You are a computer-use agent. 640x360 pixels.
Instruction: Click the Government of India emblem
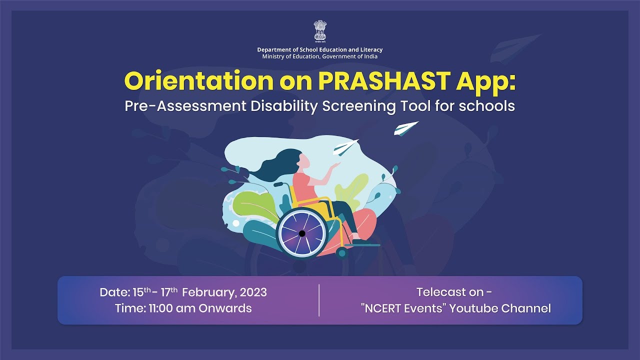pyautogui.click(x=319, y=32)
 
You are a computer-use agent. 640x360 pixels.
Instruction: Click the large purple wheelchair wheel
pyautogui.click(x=301, y=233)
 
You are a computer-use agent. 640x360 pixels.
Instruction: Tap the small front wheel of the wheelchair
pyautogui.click(x=342, y=252)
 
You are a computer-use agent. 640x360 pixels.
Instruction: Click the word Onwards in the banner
pyautogui.click(x=225, y=308)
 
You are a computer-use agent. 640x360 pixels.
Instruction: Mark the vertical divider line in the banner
pyautogui.click(x=319, y=300)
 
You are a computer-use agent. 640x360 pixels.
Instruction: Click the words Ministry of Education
pyautogui.click(x=289, y=56)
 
